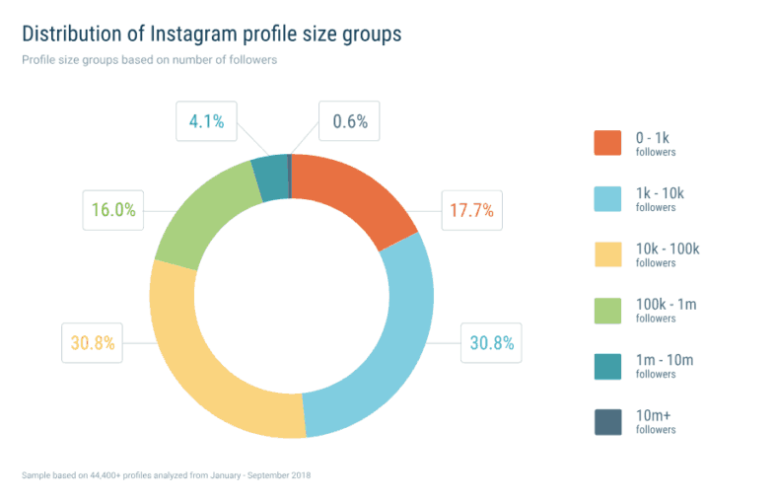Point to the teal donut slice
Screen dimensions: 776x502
pyautogui.click(x=271, y=179)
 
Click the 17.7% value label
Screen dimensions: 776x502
pyautogui.click(x=471, y=210)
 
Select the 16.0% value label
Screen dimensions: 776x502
pyautogui.click(x=113, y=210)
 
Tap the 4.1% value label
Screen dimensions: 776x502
pyautogui.click(x=206, y=121)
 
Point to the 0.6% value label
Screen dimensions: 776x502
pyautogui.click(x=350, y=121)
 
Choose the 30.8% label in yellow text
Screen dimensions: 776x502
pyautogui.click(x=93, y=342)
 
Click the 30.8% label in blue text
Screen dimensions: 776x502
pyautogui.click(x=492, y=342)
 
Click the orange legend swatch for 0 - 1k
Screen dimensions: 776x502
pyautogui.click(x=607, y=143)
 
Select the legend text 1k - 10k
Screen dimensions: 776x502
pyautogui.click(x=660, y=193)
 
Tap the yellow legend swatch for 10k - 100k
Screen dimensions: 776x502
pyautogui.click(x=607, y=254)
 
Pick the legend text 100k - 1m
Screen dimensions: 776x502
pyautogui.click(x=667, y=304)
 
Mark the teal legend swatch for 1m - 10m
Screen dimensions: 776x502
pyautogui.click(x=607, y=366)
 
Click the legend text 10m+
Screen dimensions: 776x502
pyautogui.click(x=654, y=415)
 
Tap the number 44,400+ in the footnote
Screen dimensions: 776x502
pyautogui.click(x=105, y=475)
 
